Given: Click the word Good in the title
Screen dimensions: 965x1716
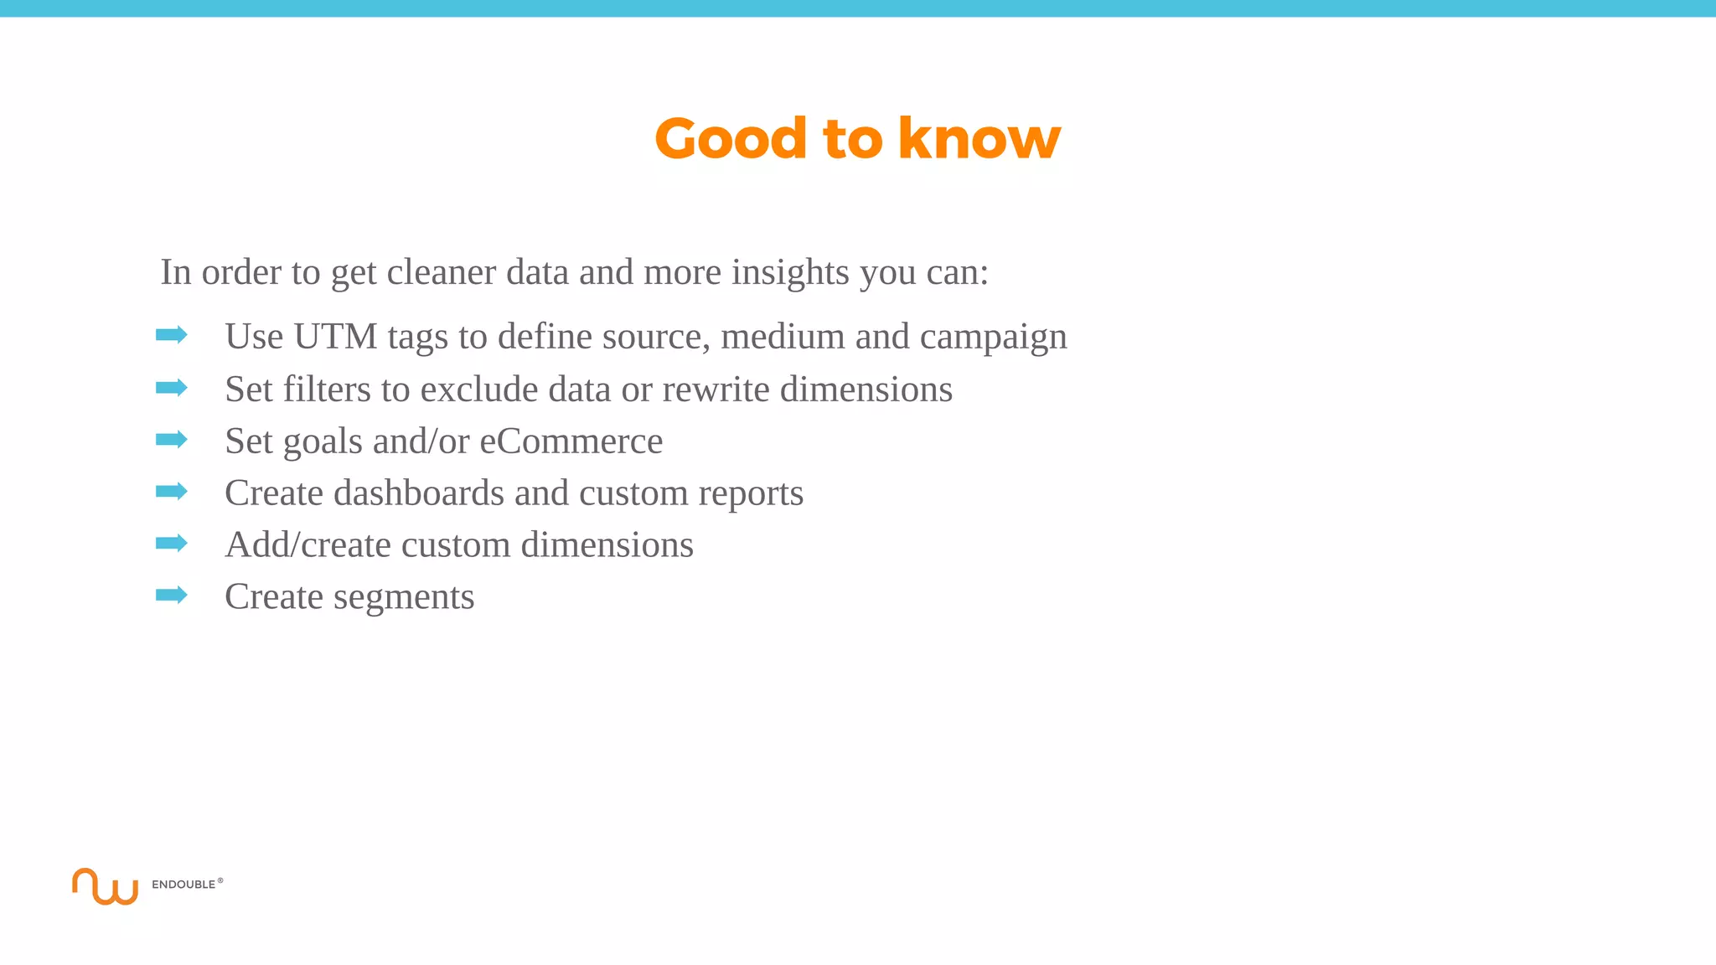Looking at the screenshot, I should click(x=731, y=138).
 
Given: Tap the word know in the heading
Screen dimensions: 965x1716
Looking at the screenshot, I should click(x=979, y=138).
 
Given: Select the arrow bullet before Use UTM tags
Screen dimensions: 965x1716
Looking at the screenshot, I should click(x=172, y=335).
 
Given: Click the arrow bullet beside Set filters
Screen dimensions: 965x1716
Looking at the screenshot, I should click(x=172, y=387).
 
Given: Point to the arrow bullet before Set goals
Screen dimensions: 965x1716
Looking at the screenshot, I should click(x=172, y=439).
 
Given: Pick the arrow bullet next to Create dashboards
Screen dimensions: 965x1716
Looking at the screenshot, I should click(x=172, y=491).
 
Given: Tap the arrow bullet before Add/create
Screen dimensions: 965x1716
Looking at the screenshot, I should click(x=172, y=543).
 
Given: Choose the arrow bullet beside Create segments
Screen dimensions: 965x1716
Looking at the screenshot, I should click(x=172, y=595).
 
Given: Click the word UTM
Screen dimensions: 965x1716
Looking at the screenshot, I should click(x=335, y=337).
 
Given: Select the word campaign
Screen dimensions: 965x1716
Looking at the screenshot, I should click(x=993, y=338).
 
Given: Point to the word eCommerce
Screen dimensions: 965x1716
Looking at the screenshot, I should click(x=571, y=441).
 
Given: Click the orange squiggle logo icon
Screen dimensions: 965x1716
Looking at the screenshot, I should click(x=105, y=886).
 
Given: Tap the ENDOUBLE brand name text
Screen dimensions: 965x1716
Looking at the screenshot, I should click(x=183, y=885).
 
